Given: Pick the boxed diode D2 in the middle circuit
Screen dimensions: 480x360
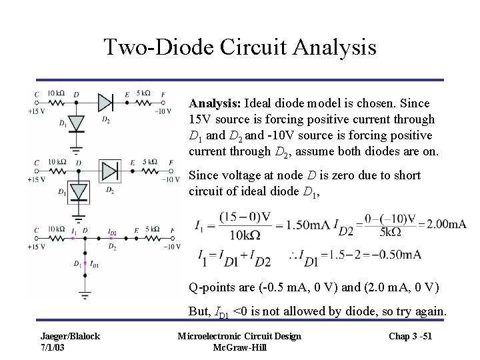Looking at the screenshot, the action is [x=108, y=170].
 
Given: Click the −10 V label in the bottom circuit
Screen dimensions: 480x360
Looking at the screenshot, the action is [x=170, y=247].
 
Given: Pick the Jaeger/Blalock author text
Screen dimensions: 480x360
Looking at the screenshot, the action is [x=71, y=336].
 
